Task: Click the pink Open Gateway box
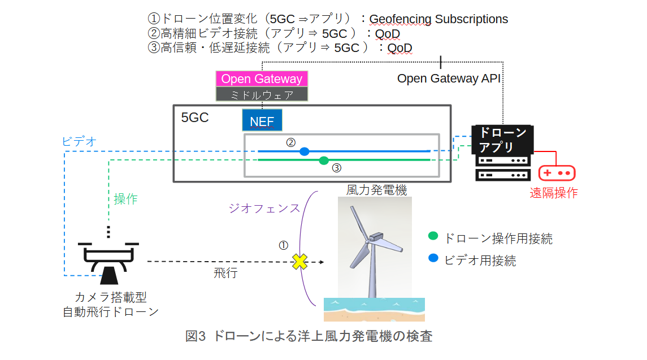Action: point(262,79)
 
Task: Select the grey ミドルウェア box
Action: point(262,94)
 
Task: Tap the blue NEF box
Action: point(262,121)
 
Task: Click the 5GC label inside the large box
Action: point(195,118)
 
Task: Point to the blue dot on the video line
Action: point(305,151)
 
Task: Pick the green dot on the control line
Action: point(324,161)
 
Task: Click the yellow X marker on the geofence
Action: point(299,262)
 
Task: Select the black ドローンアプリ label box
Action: point(502,140)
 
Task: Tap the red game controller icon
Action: point(556,173)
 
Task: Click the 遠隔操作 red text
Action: point(553,193)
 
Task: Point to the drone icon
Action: point(108,261)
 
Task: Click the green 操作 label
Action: point(125,199)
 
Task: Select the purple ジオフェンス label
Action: point(264,208)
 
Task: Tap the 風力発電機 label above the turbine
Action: point(376,190)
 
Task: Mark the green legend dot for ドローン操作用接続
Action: point(433,236)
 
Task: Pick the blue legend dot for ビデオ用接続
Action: point(433,259)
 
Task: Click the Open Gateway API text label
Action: point(449,79)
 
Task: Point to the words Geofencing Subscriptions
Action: point(438,19)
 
